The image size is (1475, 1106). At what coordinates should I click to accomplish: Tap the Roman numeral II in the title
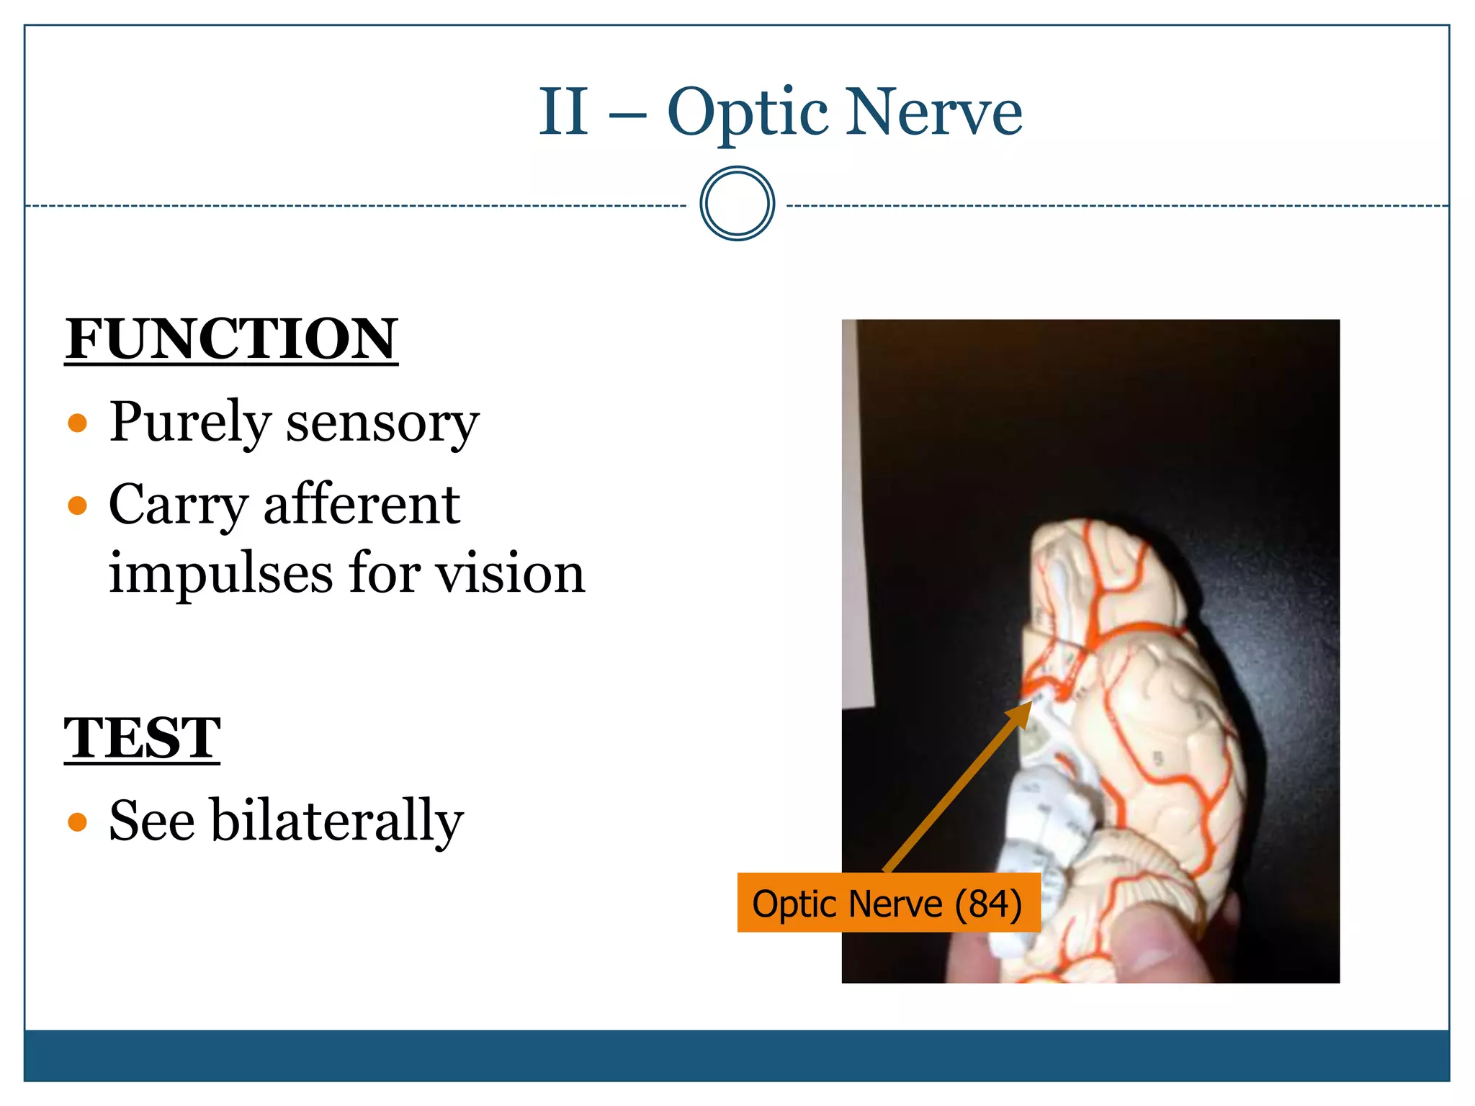(x=563, y=112)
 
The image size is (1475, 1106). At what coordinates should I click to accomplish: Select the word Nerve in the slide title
(x=933, y=112)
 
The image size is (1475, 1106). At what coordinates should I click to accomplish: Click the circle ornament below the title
(x=737, y=204)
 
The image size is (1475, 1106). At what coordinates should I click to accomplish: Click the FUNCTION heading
(x=231, y=339)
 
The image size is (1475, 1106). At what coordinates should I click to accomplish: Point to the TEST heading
(x=142, y=739)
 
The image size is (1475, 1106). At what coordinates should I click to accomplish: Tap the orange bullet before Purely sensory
(x=77, y=423)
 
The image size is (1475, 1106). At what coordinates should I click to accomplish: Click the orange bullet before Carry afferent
(x=77, y=505)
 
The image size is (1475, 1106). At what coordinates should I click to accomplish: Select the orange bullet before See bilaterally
(x=77, y=822)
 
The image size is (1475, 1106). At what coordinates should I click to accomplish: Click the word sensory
(x=382, y=423)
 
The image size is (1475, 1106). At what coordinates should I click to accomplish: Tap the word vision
(x=511, y=574)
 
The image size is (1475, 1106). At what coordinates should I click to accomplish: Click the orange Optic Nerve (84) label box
(x=888, y=903)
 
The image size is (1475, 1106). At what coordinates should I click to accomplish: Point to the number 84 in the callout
(x=987, y=904)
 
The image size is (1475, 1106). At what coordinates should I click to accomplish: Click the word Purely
(x=189, y=423)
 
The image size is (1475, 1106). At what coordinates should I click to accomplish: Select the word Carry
(x=178, y=505)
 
